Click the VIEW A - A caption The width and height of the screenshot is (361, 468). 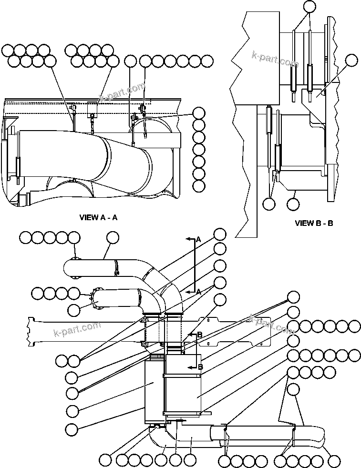tap(98, 217)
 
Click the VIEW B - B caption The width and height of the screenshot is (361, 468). tap(314, 223)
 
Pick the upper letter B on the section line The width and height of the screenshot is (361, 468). tap(199, 335)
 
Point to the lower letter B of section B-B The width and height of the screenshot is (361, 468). tap(199, 367)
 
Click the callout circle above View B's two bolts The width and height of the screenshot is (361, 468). tap(309, 6)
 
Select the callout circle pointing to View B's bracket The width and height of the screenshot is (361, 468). tap(351, 60)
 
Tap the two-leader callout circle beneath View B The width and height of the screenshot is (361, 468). tap(269, 203)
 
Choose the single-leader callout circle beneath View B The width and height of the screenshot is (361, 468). tap(294, 203)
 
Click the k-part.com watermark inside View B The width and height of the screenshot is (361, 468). tap(275, 60)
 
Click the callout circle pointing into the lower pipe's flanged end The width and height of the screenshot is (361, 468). tap(74, 310)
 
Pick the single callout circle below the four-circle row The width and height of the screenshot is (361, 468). tap(295, 389)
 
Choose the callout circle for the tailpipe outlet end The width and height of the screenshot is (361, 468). tap(335, 460)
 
